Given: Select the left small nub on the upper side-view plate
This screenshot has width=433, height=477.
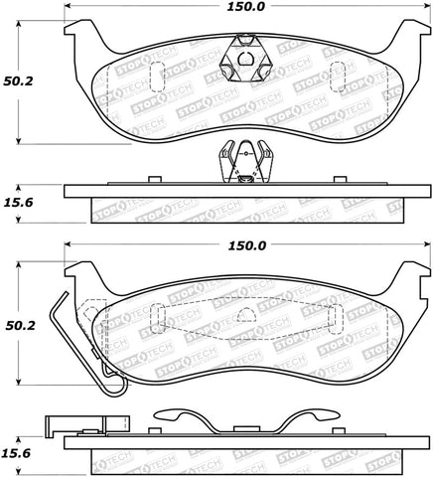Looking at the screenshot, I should (x=153, y=180).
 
